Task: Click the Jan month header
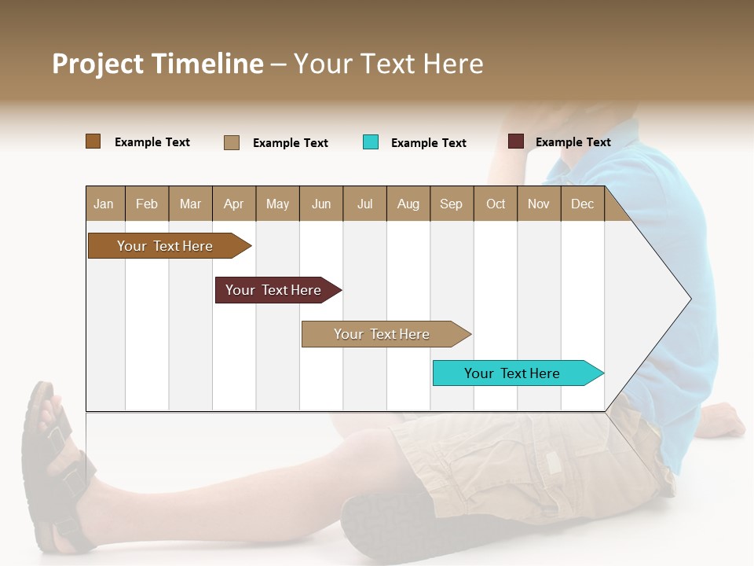(104, 204)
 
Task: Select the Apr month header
(233, 204)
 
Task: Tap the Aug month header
(408, 204)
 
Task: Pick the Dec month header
(582, 204)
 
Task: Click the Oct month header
(496, 204)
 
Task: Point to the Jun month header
(320, 204)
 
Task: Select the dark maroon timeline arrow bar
(275, 290)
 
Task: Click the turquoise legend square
(371, 142)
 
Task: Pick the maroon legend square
(515, 141)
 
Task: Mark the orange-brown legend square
(93, 141)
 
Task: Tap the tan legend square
(231, 142)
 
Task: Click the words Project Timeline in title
(157, 64)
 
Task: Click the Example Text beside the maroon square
(573, 142)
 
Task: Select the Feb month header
(147, 204)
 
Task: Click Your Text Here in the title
(389, 64)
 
